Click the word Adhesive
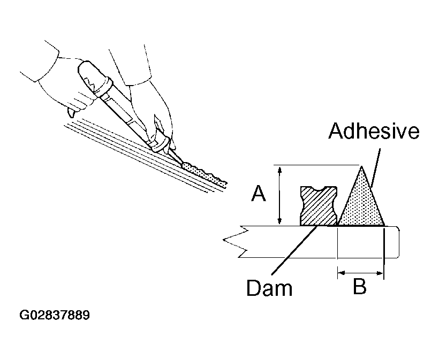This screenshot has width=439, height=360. (374, 131)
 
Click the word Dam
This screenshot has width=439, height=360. (269, 288)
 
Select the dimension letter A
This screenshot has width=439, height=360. (259, 194)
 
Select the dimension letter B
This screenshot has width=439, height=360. (359, 287)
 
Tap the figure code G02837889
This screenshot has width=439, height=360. (55, 315)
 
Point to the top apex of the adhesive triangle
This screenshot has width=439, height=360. (362, 167)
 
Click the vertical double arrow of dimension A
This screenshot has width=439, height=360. (278, 195)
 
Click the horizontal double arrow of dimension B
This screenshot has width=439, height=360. (360, 273)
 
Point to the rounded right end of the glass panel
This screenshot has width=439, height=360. (398, 242)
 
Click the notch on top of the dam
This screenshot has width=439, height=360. (319, 188)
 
